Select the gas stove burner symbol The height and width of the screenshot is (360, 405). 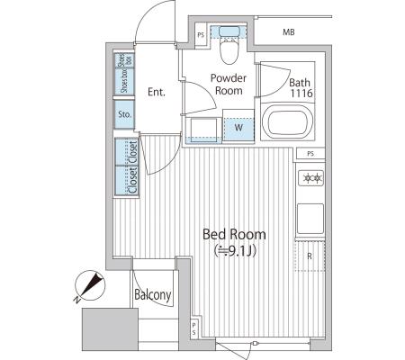(x=311, y=178)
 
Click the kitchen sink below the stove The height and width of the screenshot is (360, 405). (x=310, y=219)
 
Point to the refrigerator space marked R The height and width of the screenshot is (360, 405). (x=310, y=256)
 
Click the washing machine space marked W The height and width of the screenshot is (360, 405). (x=238, y=128)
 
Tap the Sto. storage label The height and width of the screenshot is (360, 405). (x=124, y=114)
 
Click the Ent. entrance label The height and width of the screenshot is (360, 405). (x=157, y=92)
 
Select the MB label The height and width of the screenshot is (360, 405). (x=289, y=31)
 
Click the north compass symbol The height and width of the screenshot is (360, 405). (x=90, y=286)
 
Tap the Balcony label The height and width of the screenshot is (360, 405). (x=153, y=294)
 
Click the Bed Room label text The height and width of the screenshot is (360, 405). (x=234, y=234)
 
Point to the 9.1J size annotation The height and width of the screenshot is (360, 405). (x=235, y=251)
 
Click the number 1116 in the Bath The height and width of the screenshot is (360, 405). (x=301, y=94)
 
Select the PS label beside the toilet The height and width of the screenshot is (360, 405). (x=201, y=35)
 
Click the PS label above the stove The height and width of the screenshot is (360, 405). (x=310, y=154)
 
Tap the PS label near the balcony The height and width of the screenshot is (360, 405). (x=194, y=328)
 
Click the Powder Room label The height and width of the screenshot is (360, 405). (x=229, y=85)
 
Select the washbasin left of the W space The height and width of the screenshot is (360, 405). (x=204, y=130)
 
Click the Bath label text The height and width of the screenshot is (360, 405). (x=300, y=82)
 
